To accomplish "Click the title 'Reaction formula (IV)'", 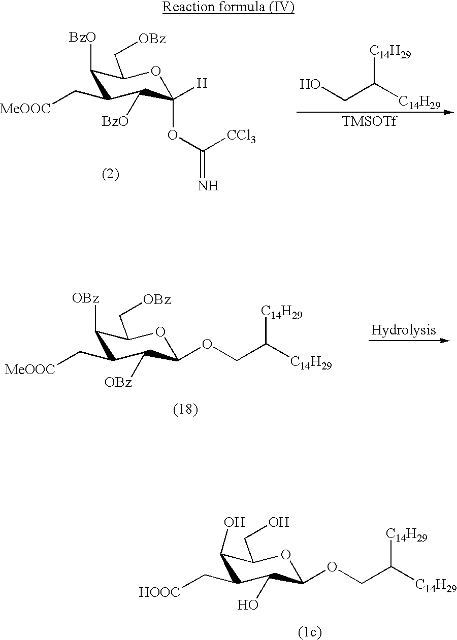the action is tap(228, 7).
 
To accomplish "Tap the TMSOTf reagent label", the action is tap(369, 121).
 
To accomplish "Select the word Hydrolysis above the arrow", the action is tap(404, 330).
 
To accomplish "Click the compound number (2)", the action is tap(111, 174).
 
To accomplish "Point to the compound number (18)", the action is tap(185, 410).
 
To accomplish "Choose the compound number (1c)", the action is tap(310, 632).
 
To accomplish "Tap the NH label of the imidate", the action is tap(208, 186).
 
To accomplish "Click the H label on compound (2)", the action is tap(202, 83).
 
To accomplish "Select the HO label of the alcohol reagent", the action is tap(310, 84).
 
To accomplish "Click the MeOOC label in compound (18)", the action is tap(30, 369).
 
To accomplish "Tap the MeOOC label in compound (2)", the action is tap(25, 109).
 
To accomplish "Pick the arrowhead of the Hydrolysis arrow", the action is tap(445, 341).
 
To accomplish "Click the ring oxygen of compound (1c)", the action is tap(286, 555).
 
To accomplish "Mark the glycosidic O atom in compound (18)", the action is tap(207, 344).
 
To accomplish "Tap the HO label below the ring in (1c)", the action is tap(248, 604).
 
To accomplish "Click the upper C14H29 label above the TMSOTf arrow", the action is tap(390, 52).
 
